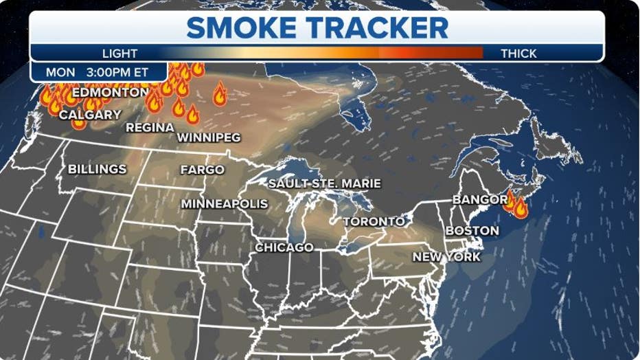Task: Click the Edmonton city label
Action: click(110, 92)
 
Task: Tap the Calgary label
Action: click(90, 115)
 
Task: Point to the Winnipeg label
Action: click(209, 137)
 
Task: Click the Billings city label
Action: click(97, 169)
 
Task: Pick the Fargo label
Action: click(202, 169)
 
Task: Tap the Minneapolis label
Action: click(225, 204)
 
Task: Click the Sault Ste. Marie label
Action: click(324, 183)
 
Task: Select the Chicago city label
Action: click(284, 247)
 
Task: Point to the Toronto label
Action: click(374, 221)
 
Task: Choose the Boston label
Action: click(472, 231)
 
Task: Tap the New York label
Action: click(446, 257)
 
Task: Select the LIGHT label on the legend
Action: click(119, 53)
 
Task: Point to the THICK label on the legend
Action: click(519, 53)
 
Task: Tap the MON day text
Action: click(60, 72)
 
